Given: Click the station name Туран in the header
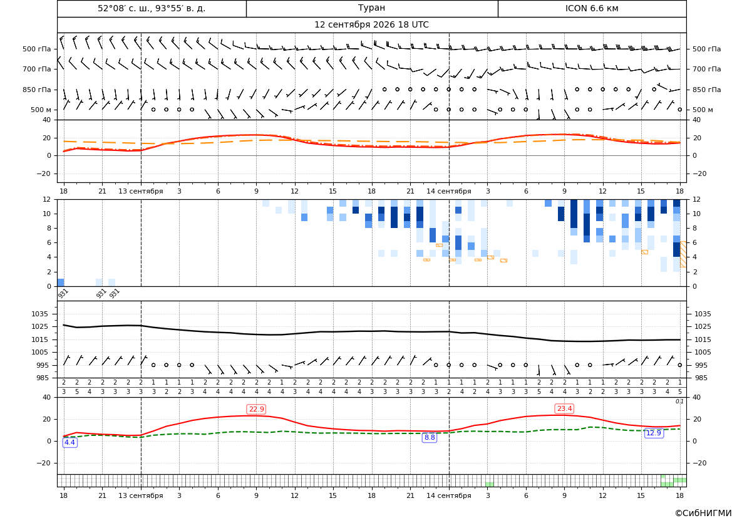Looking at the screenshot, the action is click(371, 8).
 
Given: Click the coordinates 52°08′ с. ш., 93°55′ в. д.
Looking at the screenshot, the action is click(152, 8).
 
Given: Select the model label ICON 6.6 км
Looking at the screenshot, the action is click(592, 8).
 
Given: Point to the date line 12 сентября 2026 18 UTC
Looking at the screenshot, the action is click(371, 25).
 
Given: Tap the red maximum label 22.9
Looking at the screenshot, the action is click(256, 409).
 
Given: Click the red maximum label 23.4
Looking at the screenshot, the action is click(564, 409).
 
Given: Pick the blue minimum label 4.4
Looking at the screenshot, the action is click(70, 442).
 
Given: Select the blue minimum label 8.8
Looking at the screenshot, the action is click(429, 438).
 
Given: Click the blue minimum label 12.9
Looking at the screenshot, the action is click(653, 433).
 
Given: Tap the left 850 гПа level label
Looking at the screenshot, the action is click(37, 90).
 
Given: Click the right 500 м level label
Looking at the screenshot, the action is click(703, 110).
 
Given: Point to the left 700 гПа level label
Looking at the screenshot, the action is click(37, 69).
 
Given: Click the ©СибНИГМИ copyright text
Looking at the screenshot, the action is click(703, 513).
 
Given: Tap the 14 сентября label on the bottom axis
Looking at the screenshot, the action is click(448, 495).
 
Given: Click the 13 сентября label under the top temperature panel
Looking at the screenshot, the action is click(140, 191).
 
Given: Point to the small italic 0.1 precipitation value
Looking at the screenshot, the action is click(680, 401).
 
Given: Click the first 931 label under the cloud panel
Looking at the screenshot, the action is click(63, 293).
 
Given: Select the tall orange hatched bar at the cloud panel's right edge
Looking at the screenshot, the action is click(683, 254).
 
